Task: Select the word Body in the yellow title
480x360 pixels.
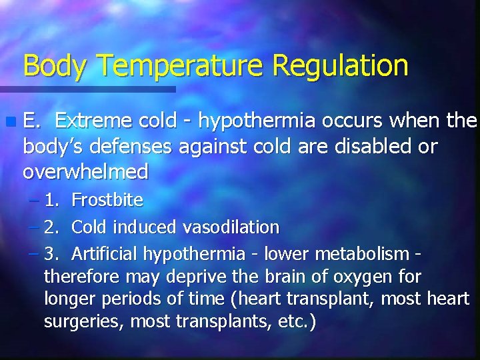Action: (55, 66)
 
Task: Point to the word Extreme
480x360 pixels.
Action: (93, 121)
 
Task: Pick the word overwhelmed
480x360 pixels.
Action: (85, 172)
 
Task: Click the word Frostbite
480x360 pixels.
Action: (107, 199)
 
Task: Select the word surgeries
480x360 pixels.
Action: (84, 322)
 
